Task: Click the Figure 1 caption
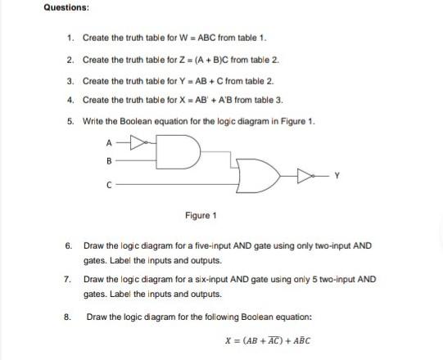201,216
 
